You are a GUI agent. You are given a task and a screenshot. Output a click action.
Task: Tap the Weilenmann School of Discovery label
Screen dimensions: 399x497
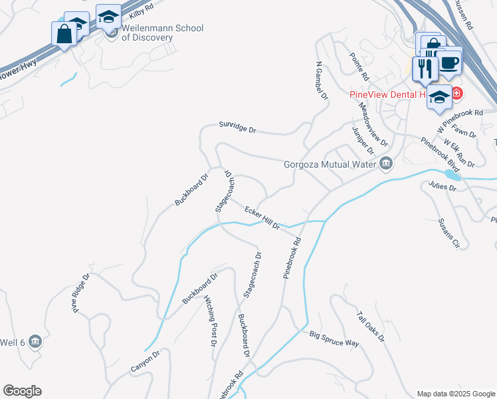(162, 33)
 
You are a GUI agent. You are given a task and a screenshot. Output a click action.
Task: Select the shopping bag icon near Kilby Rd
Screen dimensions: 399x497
(64, 34)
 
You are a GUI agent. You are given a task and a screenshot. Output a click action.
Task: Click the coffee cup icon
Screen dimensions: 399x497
(450, 63)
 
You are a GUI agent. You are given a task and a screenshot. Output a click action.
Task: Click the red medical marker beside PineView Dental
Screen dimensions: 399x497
(457, 94)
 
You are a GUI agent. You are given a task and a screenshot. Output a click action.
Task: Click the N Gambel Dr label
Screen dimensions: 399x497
(322, 81)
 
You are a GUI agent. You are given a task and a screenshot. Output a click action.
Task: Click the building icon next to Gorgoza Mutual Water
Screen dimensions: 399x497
(386, 164)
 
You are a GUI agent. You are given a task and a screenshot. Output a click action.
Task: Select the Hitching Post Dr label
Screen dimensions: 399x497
(210, 321)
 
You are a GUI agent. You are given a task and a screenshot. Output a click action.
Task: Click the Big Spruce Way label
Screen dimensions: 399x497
(334, 338)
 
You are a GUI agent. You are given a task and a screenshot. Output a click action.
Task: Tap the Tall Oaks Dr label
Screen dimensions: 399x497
(371, 327)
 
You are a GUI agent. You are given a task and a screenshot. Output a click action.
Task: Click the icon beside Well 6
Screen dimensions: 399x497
(36, 342)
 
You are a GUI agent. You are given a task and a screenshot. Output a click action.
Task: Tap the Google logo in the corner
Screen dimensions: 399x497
(22, 391)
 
